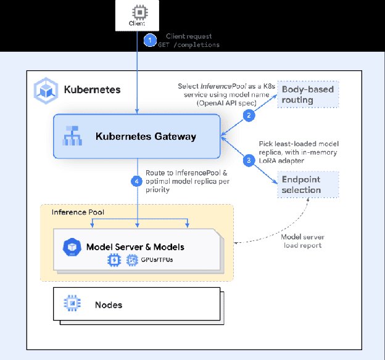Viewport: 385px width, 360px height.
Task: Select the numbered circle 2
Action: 249,115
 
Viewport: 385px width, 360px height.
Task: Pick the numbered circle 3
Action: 249,160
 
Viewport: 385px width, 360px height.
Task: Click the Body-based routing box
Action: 308,94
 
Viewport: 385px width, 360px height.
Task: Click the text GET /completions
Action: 192,45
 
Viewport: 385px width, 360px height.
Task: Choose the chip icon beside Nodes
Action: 73,304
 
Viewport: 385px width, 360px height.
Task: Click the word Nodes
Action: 109,305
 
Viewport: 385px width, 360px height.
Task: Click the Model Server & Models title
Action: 136,247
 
